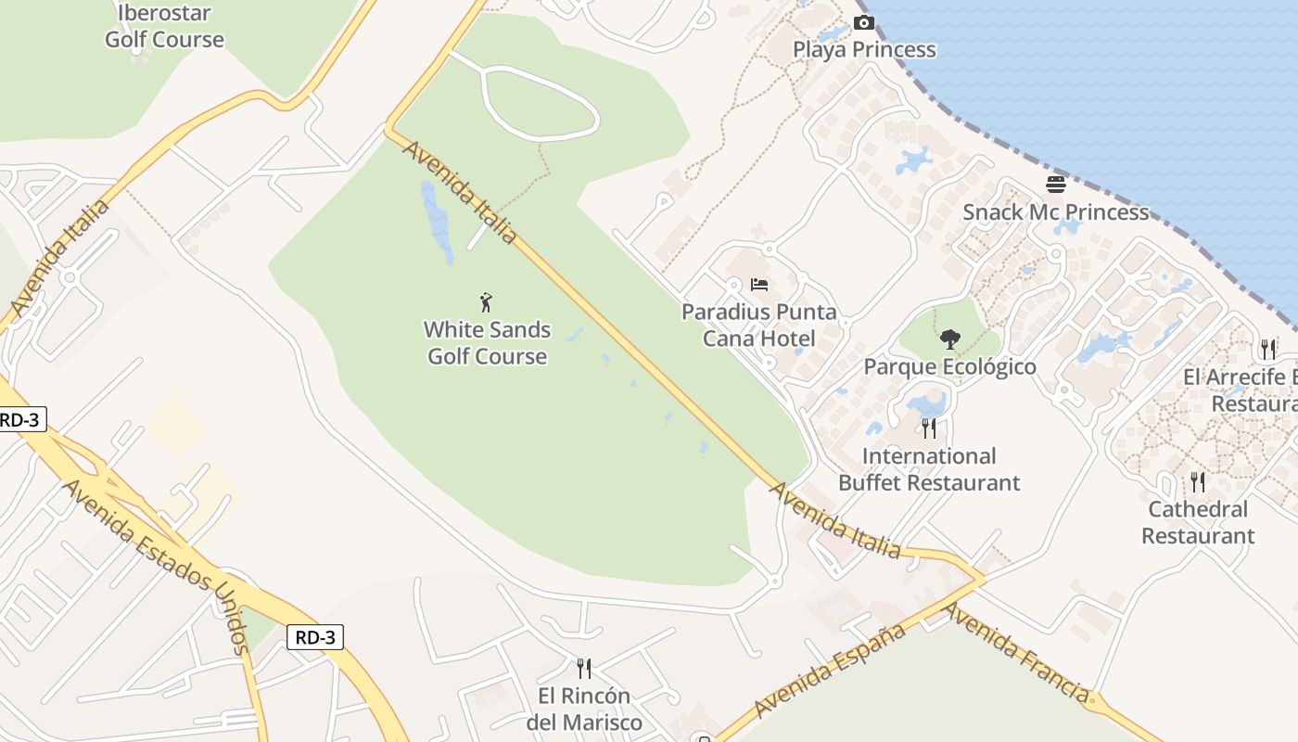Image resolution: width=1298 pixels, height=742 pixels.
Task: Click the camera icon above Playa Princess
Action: coord(863,22)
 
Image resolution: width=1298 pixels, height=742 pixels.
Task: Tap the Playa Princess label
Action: coord(864,49)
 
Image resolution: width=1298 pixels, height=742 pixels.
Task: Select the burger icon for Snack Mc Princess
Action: coord(1055,184)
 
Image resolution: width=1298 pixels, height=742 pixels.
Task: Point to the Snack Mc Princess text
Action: coord(1055,211)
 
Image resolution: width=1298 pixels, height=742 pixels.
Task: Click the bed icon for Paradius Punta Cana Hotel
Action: coord(759,284)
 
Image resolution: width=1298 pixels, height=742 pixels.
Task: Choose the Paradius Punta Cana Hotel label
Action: coord(759,325)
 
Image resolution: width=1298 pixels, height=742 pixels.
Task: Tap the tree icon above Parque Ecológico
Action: coord(949,339)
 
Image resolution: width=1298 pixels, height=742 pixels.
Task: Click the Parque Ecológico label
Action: coord(949,366)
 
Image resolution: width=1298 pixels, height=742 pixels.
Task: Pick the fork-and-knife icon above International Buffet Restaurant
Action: coord(928,428)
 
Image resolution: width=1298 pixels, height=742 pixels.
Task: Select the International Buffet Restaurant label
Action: coord(929,469)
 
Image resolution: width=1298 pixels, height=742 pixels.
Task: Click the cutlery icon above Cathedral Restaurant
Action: coord(1198,481)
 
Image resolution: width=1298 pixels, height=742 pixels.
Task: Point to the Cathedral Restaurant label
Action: coord(1198,522)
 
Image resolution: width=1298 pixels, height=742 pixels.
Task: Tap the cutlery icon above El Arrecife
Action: coord(1268,349)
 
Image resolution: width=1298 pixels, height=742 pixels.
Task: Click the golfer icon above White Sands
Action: coord(486,301)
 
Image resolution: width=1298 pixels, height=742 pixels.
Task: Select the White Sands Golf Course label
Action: coord(487,343)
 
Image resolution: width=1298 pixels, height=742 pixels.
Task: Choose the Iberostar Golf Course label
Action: coord(164,26)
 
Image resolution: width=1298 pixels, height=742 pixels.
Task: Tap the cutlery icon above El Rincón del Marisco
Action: coord(584,668)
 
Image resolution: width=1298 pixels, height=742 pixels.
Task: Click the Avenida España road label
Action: coord(829,671)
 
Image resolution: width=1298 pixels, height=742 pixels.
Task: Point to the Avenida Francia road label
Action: coord(1016,651)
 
